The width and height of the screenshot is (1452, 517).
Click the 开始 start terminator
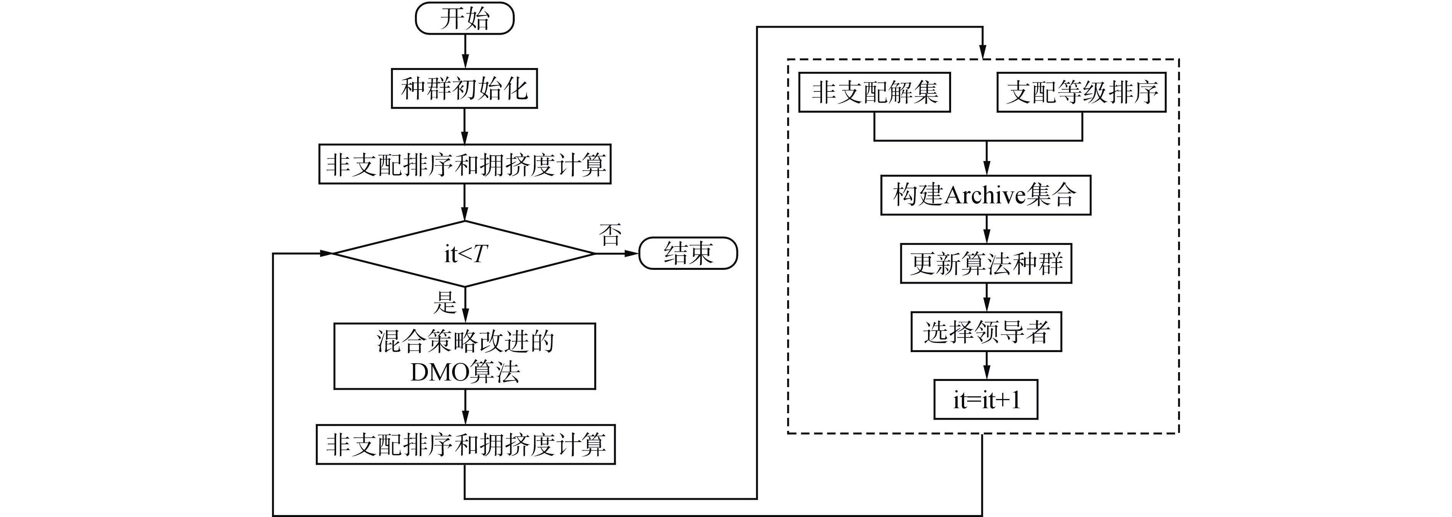click(x=464, y=18)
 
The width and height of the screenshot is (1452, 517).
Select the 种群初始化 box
click(x=464, y=88)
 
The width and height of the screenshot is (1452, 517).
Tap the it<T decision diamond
click(x=464, y=254)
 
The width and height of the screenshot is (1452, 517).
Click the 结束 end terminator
click(x=688, y=253)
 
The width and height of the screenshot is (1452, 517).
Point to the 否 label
click(x=610, y=234)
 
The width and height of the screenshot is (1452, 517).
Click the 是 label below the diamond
click(x=445, y=302)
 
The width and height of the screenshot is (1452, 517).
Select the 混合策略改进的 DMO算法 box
click(x=464, y=356)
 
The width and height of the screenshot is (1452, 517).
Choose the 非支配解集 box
click(x=874, y=92)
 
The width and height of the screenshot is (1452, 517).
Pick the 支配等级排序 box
click(x=1081, y=92)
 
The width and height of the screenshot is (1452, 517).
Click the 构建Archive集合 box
click(x=985, y=195)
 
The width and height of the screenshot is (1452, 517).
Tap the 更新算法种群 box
click(x=985, y=263)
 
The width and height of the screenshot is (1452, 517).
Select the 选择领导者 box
click(x=986, y=331)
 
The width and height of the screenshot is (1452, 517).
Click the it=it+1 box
click(x=986, y=400)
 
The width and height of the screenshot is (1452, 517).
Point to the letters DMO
click(x=433, y=372)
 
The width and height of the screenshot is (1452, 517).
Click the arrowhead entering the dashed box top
click(x=983, y=52)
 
